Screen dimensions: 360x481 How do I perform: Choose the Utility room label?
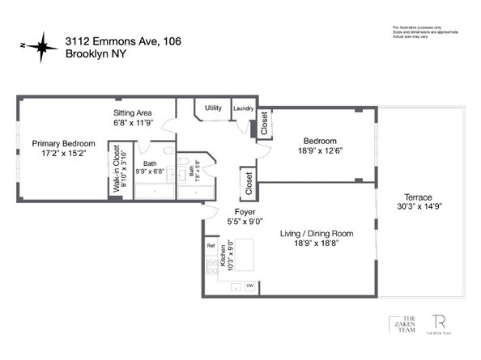[213, 108]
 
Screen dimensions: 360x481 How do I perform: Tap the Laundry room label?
[243, 108]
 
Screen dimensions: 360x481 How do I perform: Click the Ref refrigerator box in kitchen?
[211, 245]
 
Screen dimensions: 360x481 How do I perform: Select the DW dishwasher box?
[250, 286]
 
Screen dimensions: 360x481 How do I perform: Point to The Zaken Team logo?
[400, 324]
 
